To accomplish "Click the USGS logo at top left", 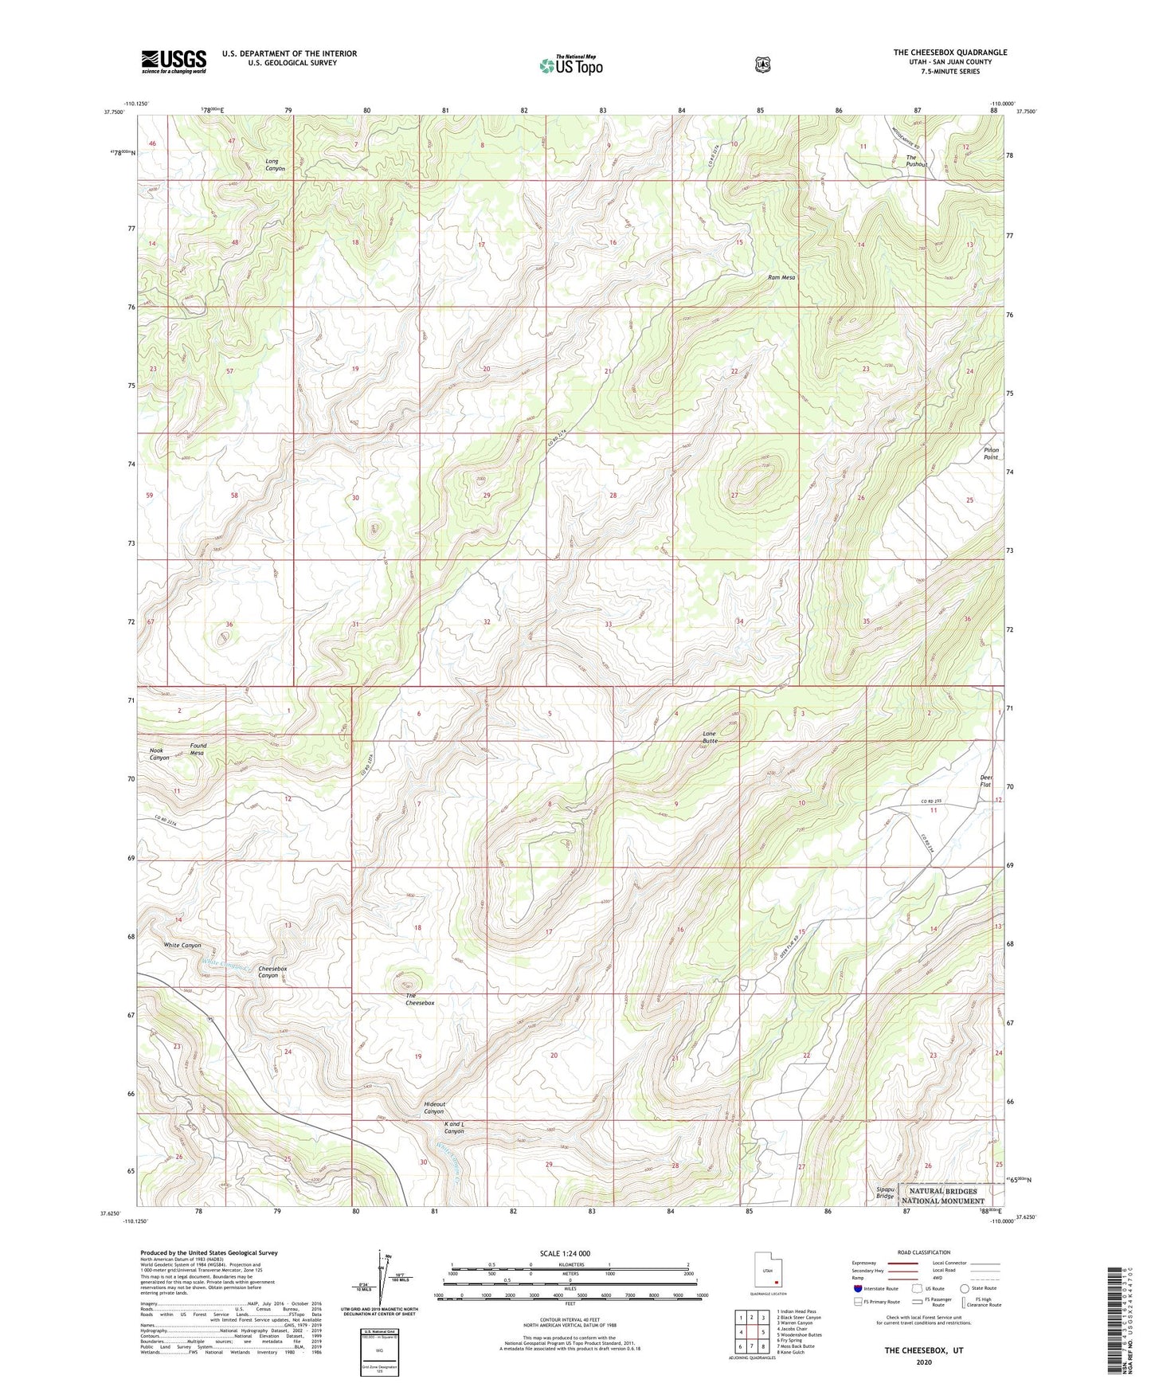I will click(174, 61).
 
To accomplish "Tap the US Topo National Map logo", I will click(570, 65).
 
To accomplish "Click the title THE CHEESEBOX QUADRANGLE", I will click(949, 53).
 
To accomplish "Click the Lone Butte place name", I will click(710, 736).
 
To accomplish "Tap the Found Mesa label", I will click(198, 749).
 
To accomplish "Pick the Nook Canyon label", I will click(159, 754).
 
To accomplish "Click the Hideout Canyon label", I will click(434, 1107).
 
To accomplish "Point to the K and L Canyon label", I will click(453, 1127).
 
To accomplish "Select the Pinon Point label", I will click(990, 453).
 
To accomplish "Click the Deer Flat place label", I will click(985, 781).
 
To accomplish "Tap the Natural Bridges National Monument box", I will click(943, 1196).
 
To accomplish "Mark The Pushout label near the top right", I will click(916, 161).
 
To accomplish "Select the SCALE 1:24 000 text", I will click(565, 1253).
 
